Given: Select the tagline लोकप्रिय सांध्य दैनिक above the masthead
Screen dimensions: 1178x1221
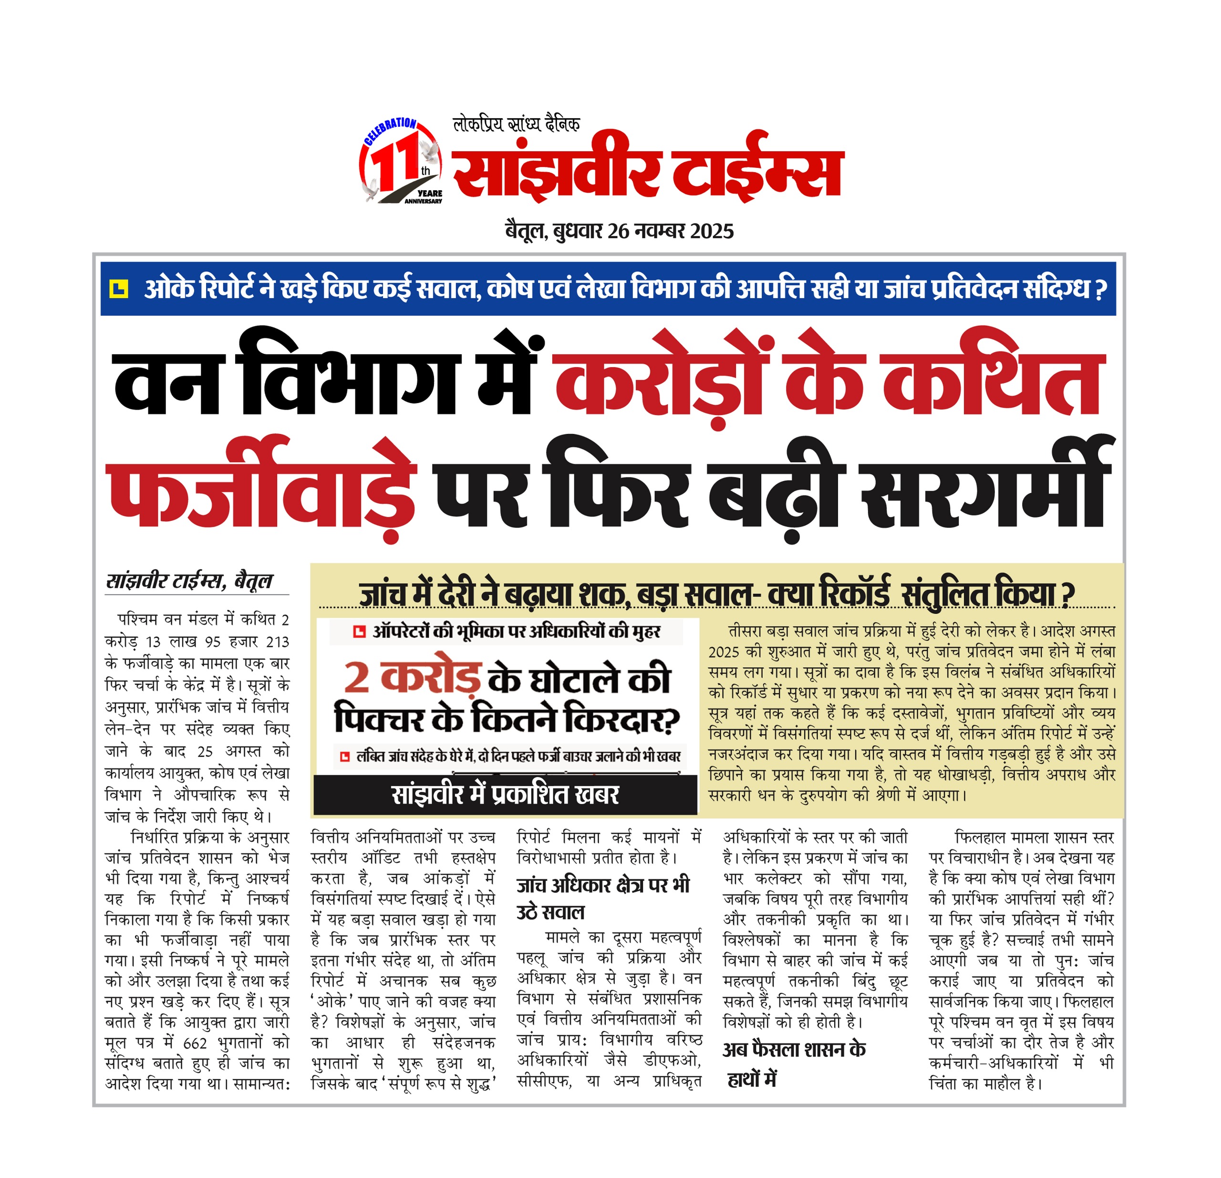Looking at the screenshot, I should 517,124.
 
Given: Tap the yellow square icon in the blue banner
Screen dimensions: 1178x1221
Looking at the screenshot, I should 118,289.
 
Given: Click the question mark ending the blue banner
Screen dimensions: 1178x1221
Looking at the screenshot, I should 1100,289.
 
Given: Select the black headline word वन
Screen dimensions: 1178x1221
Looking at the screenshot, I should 167,382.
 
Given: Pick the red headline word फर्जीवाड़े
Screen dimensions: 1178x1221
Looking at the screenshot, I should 262,492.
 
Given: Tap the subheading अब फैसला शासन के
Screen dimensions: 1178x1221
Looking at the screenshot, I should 794,1050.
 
